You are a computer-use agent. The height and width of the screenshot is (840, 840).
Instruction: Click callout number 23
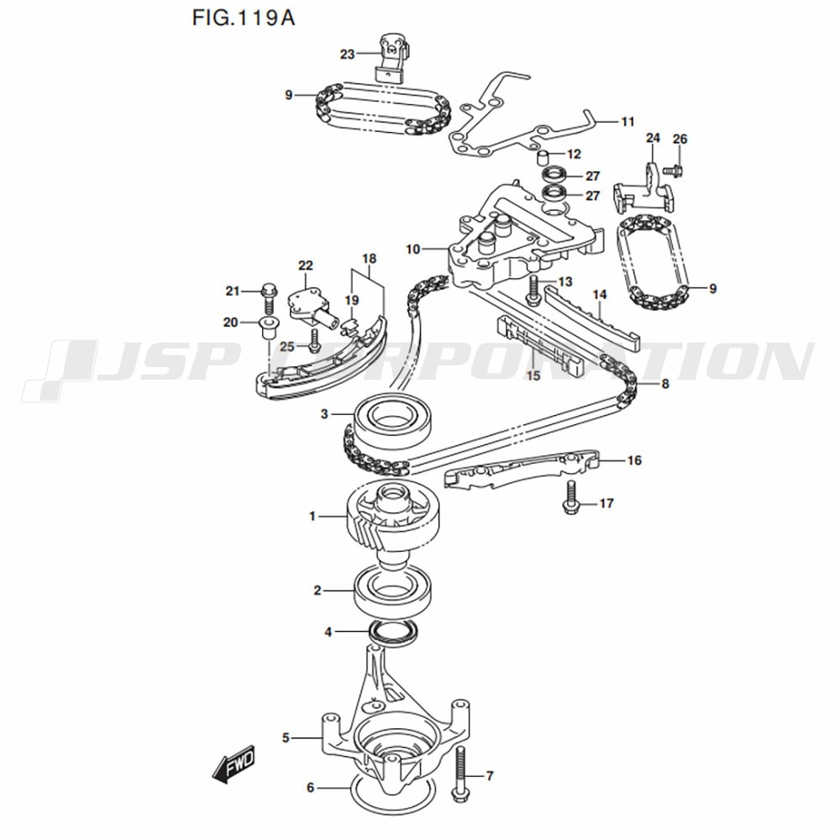tap(348, 55)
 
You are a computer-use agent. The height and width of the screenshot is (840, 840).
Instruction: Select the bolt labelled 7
tap(460, 774)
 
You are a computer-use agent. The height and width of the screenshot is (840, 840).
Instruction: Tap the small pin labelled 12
tap(543, 157)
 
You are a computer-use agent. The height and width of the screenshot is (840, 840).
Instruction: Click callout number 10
tap(412, 249)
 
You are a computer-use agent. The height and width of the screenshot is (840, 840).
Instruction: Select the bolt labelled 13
tap(533, 291)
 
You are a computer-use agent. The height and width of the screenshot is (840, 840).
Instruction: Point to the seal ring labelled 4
tap(393, 633)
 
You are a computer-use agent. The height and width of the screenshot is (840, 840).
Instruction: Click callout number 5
tap(286, 738)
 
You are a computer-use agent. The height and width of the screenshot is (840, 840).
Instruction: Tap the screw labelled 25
tap(313, 339)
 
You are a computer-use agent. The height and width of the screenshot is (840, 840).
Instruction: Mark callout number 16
tap(634, 460)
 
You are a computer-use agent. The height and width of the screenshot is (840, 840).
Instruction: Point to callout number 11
tap(627, 122)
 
